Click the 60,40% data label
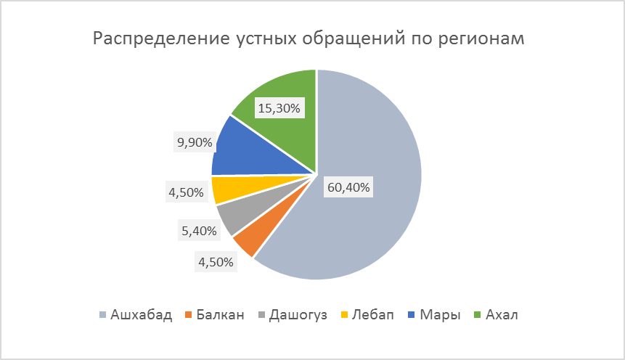pos(348,188)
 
